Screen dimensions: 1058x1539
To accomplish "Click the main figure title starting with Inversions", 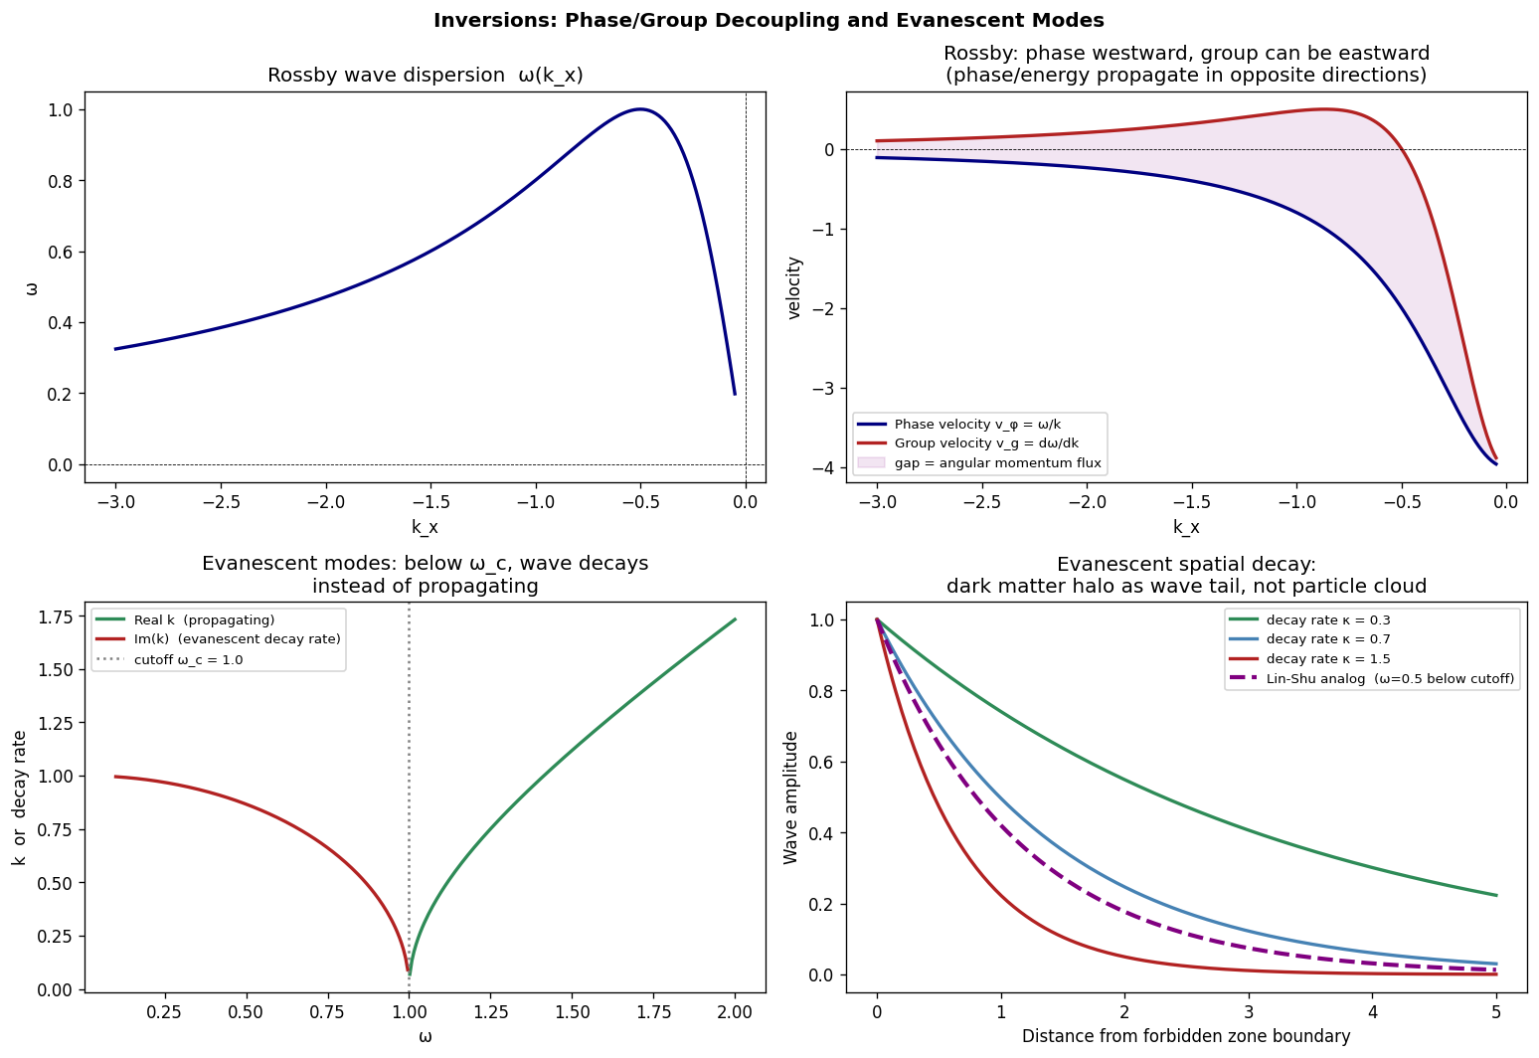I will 769,20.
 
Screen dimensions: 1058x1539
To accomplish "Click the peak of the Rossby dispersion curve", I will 640,109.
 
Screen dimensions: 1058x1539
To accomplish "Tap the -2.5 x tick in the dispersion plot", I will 221,501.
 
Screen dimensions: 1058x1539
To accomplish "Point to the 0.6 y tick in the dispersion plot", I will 61,252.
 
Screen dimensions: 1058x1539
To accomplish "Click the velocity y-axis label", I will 794,287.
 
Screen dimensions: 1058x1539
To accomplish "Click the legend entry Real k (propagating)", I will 204,620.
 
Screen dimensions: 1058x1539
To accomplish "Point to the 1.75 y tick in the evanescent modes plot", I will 57,617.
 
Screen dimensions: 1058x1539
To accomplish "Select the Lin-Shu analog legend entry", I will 1390,679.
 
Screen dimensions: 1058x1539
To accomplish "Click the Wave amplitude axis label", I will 791,797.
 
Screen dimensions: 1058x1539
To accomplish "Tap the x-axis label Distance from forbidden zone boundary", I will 1186,1037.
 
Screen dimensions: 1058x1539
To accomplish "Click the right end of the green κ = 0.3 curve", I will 1496,895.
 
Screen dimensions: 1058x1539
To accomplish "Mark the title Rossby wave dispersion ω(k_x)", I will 425,76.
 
